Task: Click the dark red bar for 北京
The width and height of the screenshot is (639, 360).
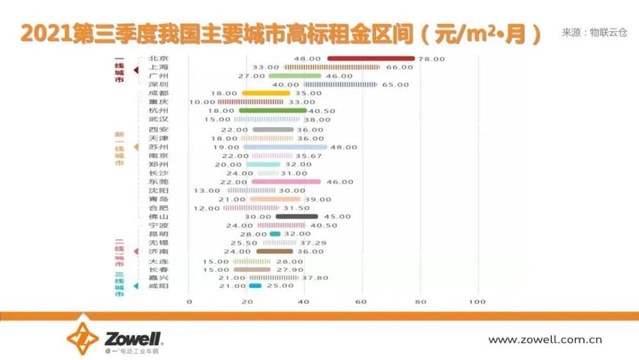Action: point(371,59)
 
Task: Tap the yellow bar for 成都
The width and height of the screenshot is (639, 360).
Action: point(266,93)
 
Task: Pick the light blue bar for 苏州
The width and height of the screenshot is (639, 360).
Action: point(284,146)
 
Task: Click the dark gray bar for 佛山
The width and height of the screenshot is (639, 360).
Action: point(296,216)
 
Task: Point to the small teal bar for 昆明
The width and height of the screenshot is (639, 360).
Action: point(275,234)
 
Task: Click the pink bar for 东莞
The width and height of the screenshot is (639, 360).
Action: point(286,182)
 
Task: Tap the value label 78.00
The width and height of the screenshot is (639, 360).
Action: point(431,59)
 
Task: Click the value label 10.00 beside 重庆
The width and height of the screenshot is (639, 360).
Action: point(203,102)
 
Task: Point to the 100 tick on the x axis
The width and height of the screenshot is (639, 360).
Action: point(477,301)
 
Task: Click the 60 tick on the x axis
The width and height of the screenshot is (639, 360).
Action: point(362,301)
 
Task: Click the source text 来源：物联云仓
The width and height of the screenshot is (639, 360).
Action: point(594,32)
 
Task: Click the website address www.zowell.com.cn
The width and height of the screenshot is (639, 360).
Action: point(544,340)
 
